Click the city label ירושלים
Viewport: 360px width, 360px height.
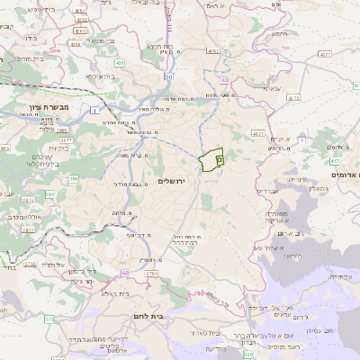pos(170,181)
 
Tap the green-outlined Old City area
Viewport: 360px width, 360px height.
pos(213,159)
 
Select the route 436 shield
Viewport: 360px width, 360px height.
pos(120,63)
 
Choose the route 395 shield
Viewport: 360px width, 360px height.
pos(50,193)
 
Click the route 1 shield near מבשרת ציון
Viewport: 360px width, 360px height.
pos(94,110)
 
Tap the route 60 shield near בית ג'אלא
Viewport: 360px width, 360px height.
pos(124,272)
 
